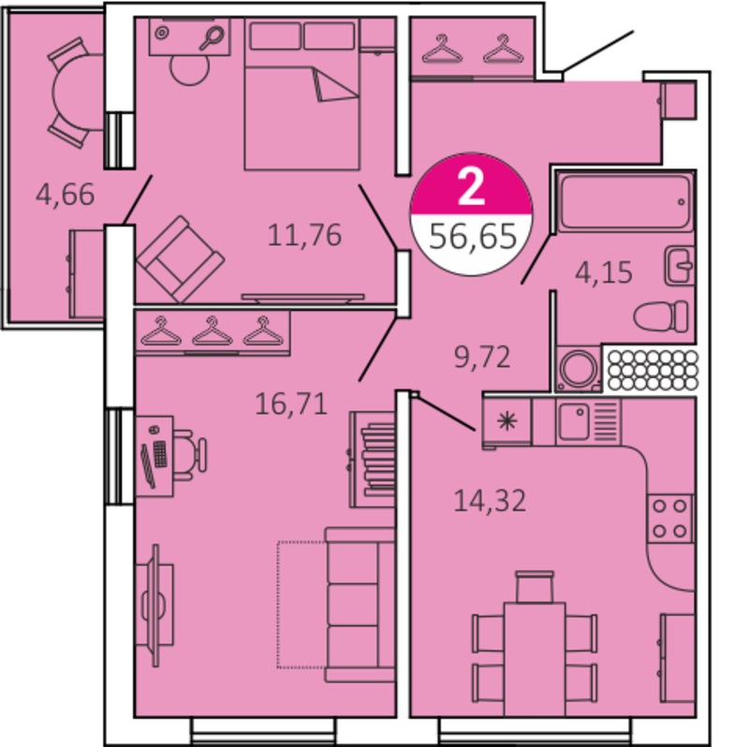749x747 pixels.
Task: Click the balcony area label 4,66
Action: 65,195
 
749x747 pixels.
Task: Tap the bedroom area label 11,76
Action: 304,235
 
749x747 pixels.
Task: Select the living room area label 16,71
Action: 291,404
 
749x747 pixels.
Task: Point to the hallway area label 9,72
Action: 482,357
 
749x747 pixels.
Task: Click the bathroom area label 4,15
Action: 604,272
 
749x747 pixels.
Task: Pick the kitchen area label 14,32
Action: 490,501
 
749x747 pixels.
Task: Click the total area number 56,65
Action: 473,237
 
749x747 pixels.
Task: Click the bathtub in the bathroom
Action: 625,202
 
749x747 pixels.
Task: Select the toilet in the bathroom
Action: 662,316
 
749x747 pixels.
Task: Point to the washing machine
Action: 579,368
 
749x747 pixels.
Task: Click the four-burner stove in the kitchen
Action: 669,519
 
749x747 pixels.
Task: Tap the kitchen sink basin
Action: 574,421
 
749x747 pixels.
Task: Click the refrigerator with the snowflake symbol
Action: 507,422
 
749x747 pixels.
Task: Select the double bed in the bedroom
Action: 301,95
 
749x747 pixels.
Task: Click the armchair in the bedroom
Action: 181,259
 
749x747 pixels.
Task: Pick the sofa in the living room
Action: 360,604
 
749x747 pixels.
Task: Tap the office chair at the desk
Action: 190,454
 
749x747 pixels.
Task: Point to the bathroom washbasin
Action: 679,266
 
